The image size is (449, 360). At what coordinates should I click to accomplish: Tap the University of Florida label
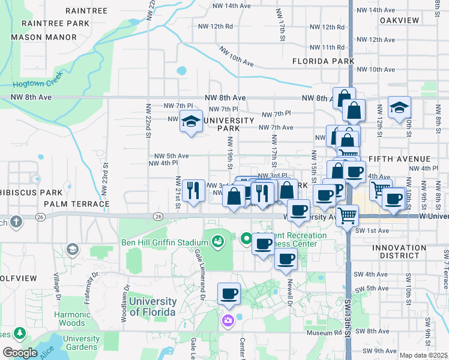pos(152,307)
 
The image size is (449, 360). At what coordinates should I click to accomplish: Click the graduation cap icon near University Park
pos(191,122)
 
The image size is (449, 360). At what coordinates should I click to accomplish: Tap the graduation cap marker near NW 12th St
pos(399,108)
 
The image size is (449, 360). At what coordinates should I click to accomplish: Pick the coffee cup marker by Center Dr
pos(229,294)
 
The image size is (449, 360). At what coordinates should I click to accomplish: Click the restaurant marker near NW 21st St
pos(193,191)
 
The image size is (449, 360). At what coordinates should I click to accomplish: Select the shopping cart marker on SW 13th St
pos(348,215)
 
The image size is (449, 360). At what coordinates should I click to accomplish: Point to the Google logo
pos(20,353)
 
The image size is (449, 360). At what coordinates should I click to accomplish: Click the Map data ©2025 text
pos(424,356)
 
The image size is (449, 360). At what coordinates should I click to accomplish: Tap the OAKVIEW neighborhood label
pos(399,20)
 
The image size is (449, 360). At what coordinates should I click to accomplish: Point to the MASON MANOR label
pos(44,37)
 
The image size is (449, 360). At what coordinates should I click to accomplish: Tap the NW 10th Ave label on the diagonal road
pos(237,57)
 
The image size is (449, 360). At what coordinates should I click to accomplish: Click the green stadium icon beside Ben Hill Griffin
pos(217,242)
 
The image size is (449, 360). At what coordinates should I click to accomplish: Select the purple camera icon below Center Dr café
pos(228,320)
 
